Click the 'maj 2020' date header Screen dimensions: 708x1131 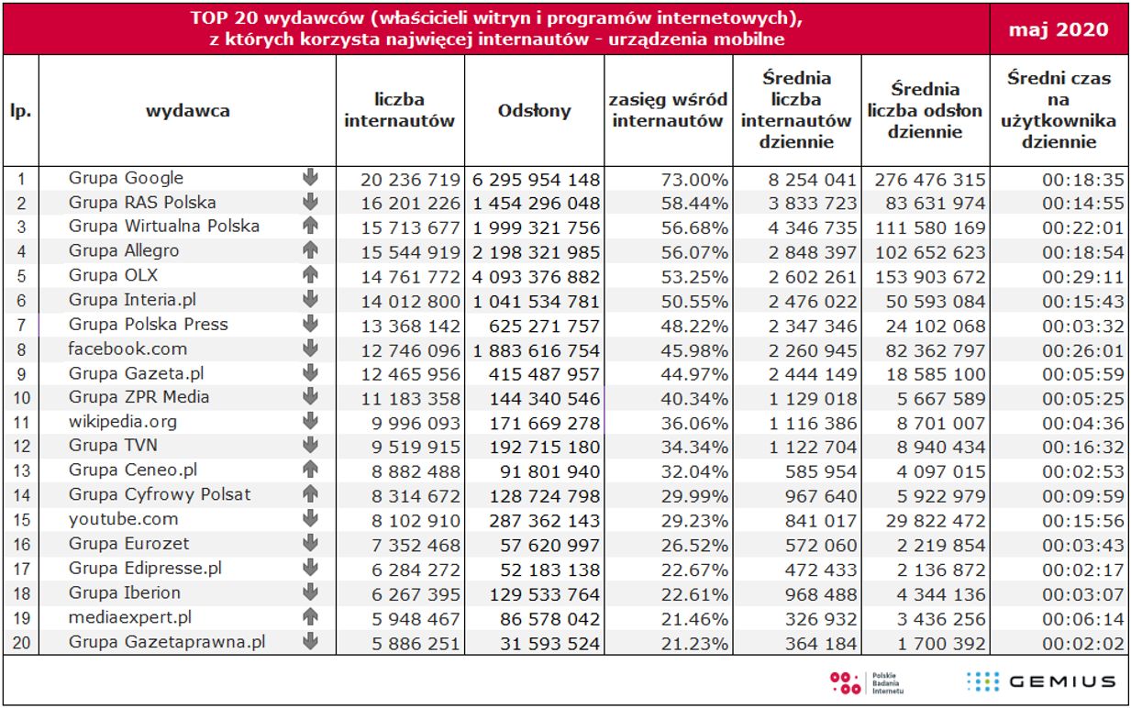tap(1058, 29)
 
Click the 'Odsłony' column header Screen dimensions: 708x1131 tap(534, 111)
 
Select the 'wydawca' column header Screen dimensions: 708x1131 tap(187, 111)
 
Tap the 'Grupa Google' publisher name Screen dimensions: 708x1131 tap(126, 178)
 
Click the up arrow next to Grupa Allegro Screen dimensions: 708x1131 tap(310, 250)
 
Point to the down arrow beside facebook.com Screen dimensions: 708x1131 tap(310, 348)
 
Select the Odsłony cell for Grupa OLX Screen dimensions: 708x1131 tap(537, 276)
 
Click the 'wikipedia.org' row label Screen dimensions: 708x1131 tap(122, 422)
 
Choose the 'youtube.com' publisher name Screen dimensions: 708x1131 tap(123, 519)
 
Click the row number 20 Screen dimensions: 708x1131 tap(21, 643)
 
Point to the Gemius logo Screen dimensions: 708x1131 tap(1040, 681)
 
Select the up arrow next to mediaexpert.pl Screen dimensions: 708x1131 tap(310, 617)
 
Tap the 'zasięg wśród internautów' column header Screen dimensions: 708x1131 tap(669, 111)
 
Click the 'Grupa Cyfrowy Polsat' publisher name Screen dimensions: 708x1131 tap(159, 495)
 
